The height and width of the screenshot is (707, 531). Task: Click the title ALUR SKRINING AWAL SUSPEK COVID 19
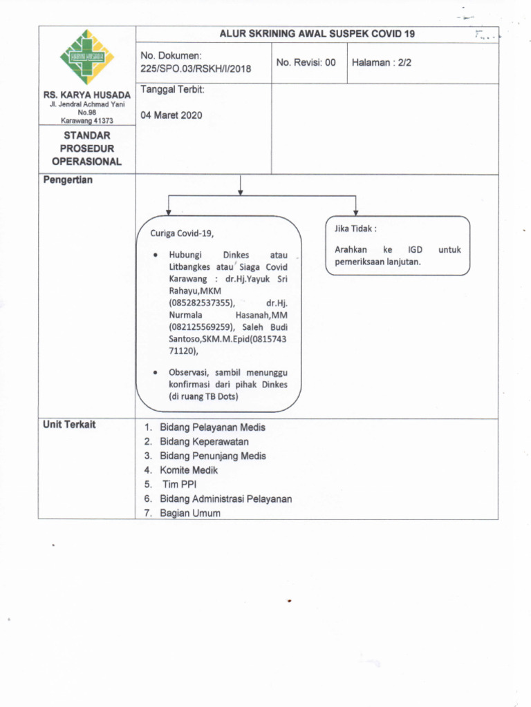coord(317,33)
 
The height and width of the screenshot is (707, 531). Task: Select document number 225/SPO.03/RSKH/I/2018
coord(196,68)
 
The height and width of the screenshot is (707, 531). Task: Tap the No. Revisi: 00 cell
coord(306,62)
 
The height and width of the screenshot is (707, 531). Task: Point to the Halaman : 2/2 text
coord(382,62)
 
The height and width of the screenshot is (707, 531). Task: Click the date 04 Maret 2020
coord(171,115)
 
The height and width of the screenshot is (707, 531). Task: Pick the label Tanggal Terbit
coord(172,90)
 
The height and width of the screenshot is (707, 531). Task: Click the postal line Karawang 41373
coord(86,120)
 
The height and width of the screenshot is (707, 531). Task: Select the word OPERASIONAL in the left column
coord(86,162)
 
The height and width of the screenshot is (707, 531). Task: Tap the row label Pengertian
coord(68,180)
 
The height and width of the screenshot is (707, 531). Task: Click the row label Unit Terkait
coord(69,425)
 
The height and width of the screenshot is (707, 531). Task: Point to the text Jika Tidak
coord(355,229)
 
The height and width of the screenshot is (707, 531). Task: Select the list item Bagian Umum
coord(190,513)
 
